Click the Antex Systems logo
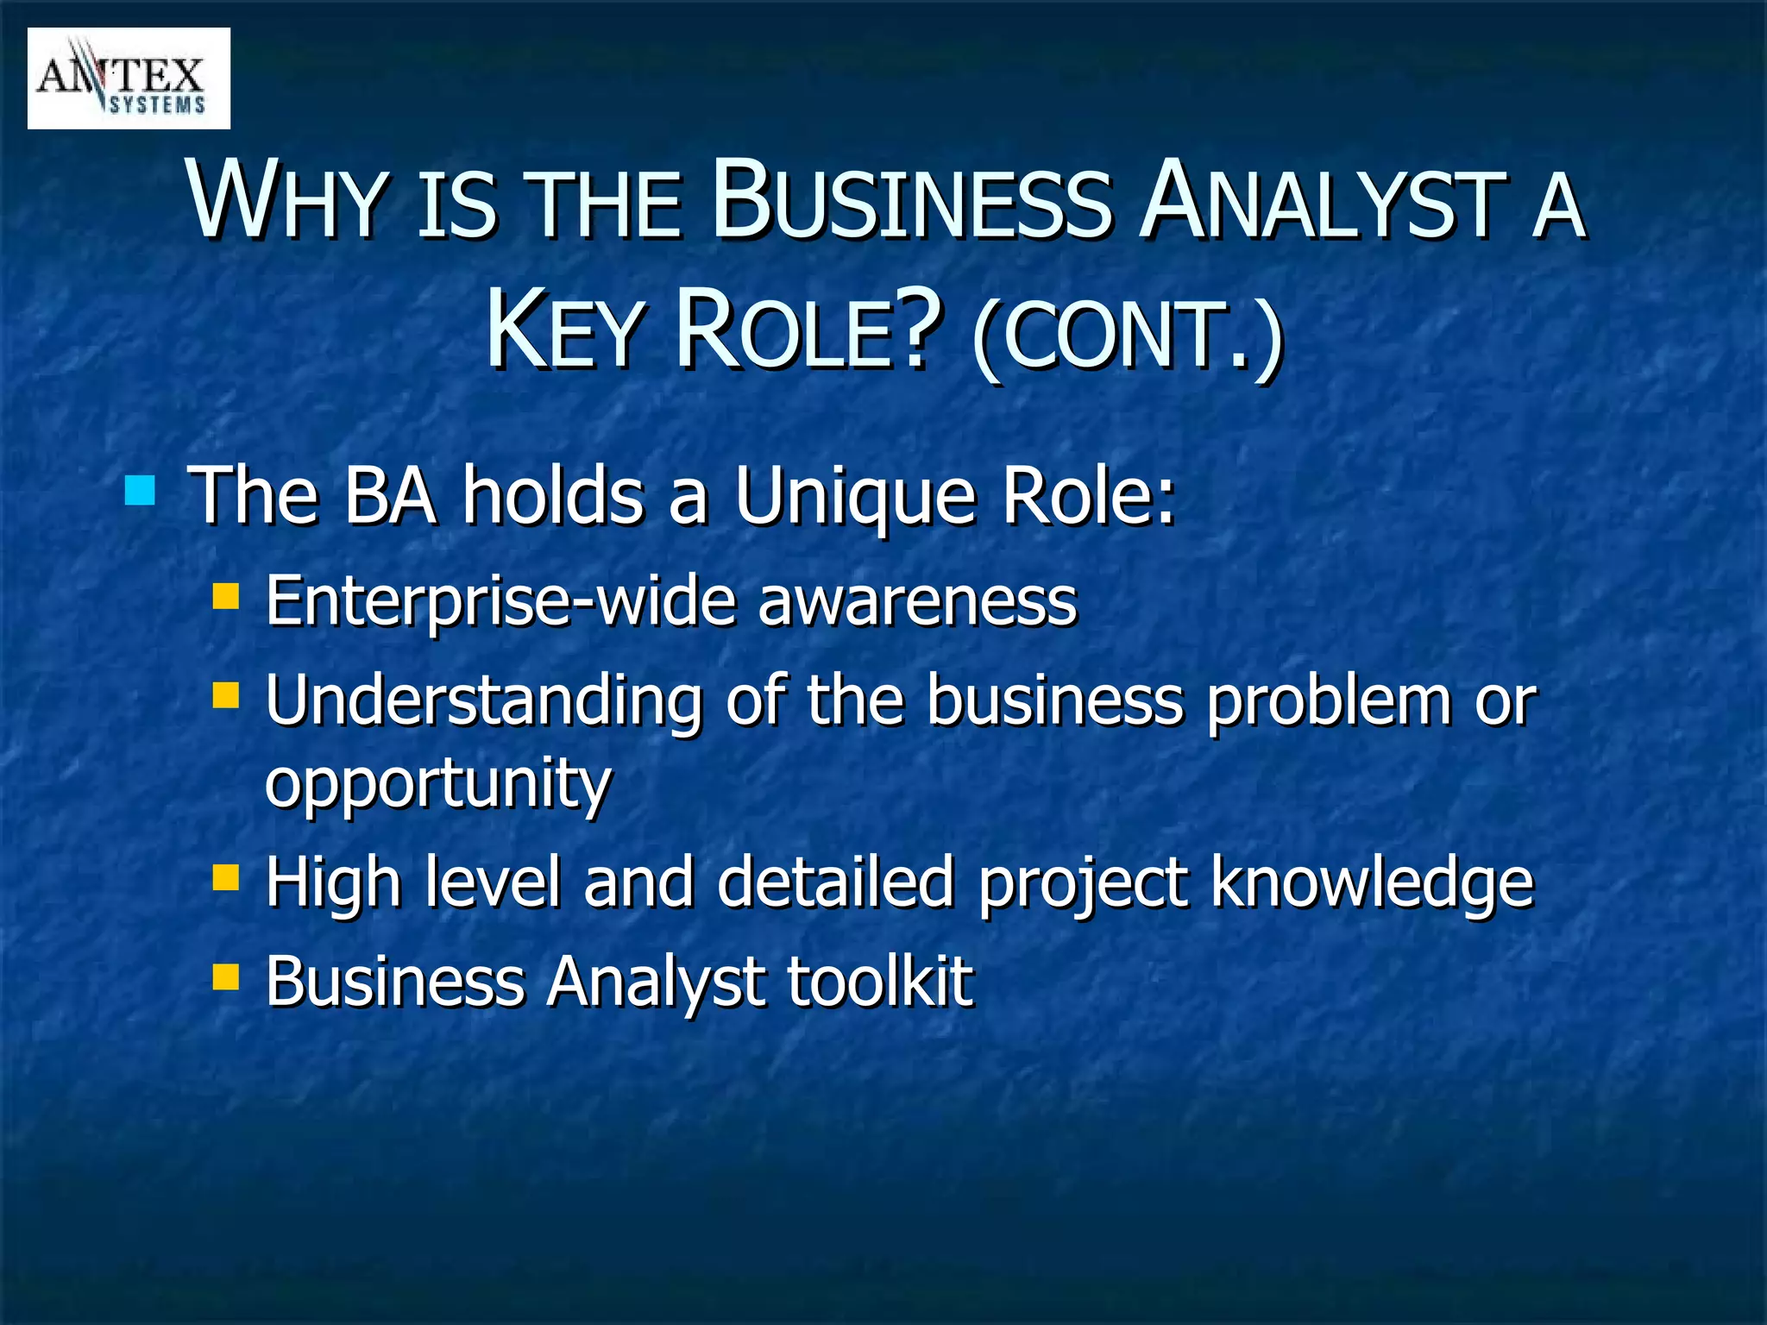[x=129, y=78]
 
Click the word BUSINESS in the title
[x=909, y=201]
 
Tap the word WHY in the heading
[x=286, y=201]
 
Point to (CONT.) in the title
[x=1127, y=336]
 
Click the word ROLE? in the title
[x=807, y=333]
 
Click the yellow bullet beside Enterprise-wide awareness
[x=225, y=596]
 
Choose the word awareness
[x=918, y=601]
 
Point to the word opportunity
[x=438, y=783]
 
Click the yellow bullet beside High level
[x=225, y=878]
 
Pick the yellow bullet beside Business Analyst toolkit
[x=225, y=977]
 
